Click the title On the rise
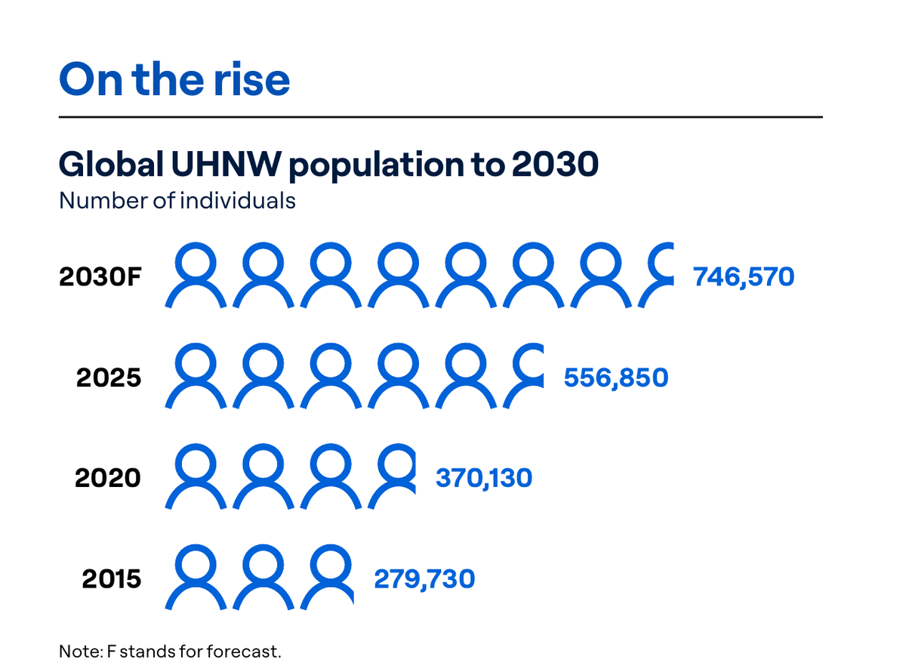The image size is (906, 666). pyautogui.click(x=174, y=79)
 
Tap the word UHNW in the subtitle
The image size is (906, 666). pyautogui.click(x=226, y=165)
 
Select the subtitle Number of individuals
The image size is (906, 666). pyautogui.click(x=177, y=201)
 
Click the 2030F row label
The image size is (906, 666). pyautogui.click(x=100, y=277)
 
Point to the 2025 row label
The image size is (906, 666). pyautogui.click(x=109, y=378)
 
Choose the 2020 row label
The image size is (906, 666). pyautogui.click(x=108, y=478)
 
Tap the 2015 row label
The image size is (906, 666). pyautogui.click(x=112, y=579)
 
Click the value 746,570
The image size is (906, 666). pyautogui.click(x=744, y=277)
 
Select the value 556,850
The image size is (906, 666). pyautogui.click(x=615, y=378)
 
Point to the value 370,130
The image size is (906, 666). pyautogui.click(x=484, y=478)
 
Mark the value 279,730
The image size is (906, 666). pyautogui.click(x=424, y=579)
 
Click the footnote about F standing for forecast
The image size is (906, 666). pyautogui.click(x=170, y=652)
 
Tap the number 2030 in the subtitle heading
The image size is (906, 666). pyautogui.click(x=555, y=165)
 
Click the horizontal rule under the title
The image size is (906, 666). pyautogui.click(x=441, y=117)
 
